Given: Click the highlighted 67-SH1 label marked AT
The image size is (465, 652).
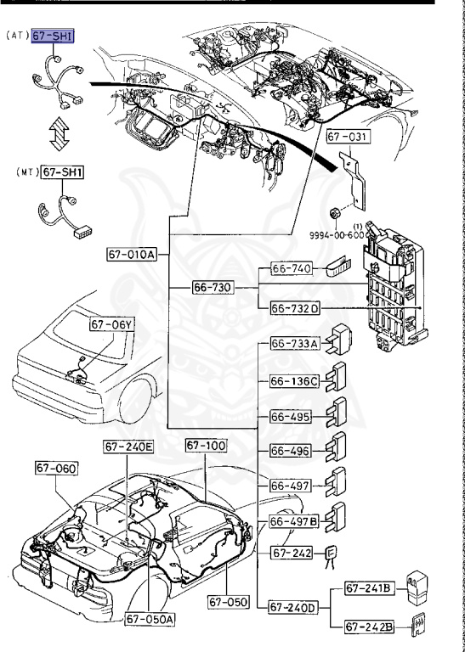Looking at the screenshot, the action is pyautogui.click(x=53, y=37).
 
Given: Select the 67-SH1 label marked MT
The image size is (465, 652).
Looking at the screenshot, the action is pyautogui.click(x=62, y=172).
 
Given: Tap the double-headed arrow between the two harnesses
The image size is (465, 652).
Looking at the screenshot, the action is pyautogui.click(x=59, y=133).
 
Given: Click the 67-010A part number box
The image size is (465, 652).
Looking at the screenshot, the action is pyautogui.click(x=132, y=254).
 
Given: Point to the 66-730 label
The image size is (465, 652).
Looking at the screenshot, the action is pyautogui.click(x=213, y=287).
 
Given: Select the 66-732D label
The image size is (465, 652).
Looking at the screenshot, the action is pyautogui.click(x=295, y=308).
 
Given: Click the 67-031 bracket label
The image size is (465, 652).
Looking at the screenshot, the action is pyautogui.click(x=349, y=137).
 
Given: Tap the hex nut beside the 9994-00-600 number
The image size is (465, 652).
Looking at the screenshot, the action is pyautogui.click(x=334, y=214).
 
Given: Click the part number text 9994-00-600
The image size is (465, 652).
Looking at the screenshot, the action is pyautogui.click(x=337, y=235).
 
